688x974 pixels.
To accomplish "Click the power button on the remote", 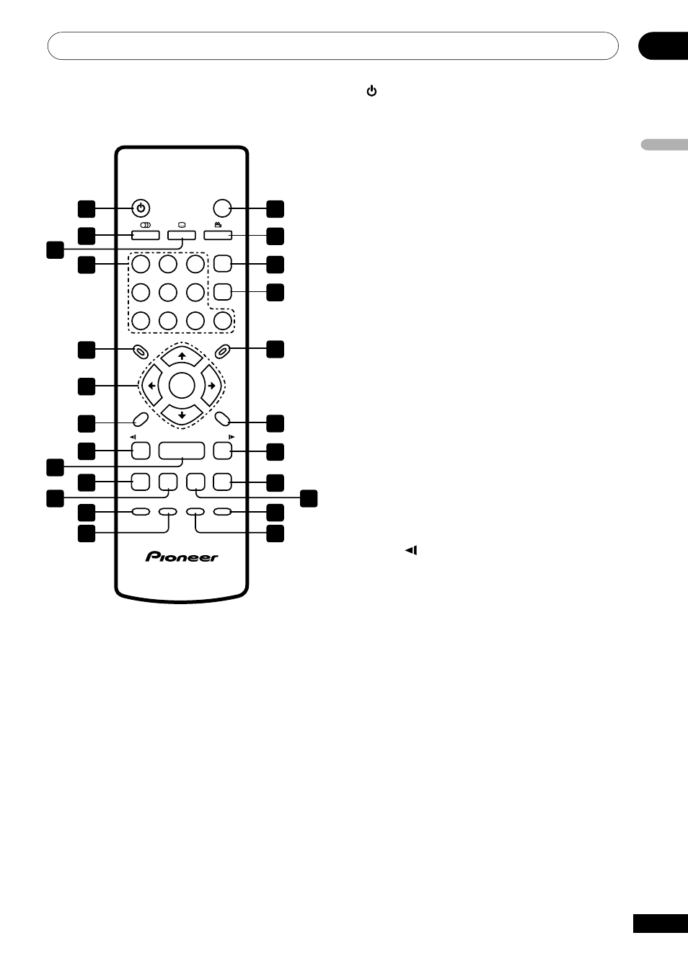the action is [141, 208].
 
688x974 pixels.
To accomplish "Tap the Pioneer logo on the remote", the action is [182, 557].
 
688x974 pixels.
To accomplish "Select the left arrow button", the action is [151, 386].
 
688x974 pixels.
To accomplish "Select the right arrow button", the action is [212, 386].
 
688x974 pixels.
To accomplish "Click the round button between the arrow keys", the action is [182, 386].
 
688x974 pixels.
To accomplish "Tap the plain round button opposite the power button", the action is [222, 208].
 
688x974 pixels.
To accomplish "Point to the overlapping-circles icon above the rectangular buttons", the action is [145, 225].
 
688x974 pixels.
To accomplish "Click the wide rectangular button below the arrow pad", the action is [182, 451].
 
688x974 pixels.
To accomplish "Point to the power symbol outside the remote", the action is [371, 91].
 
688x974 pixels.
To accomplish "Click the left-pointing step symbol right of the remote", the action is [411, 550].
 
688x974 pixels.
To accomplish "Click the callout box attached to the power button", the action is [87, 208].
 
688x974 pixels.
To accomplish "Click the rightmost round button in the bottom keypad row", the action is [223, 320].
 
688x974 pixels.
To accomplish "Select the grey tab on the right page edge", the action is [664, 145].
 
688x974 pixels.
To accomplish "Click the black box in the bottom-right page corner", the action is [660, 924].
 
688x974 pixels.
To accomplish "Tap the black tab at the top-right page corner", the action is [663, 45].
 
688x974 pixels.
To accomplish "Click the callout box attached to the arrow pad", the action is [87, 386].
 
